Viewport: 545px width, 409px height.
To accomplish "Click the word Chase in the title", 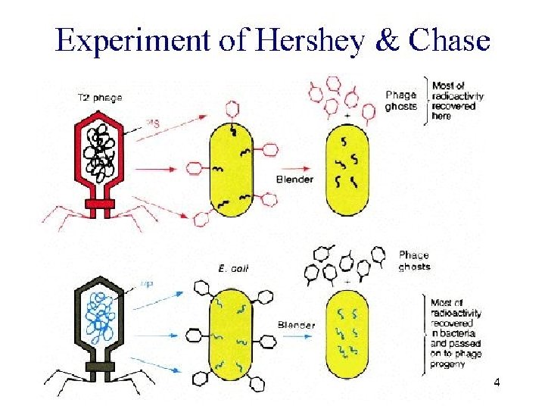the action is [x=448, y=40].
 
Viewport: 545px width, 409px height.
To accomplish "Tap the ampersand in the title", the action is [x=388, y=40].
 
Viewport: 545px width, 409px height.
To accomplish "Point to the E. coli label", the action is [x=232, y=268].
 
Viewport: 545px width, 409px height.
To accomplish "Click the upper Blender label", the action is [x=294, y=179].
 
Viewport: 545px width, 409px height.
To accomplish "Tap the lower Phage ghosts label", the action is [x=414, y=261].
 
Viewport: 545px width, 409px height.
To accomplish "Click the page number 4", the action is [x=497, y=382].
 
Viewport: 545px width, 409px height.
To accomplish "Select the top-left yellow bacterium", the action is [x=231, y=170].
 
